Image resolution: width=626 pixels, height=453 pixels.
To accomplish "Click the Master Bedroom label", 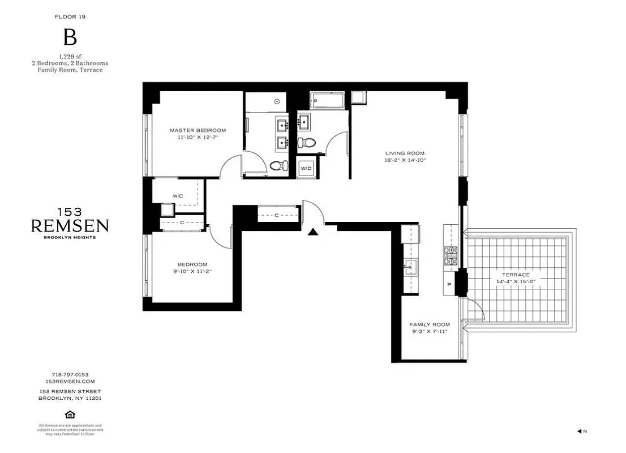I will pyautogui.click(x=198, y=130).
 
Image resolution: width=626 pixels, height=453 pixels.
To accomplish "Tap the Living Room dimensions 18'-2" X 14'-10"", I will pyautogui.click(x=405, y=160).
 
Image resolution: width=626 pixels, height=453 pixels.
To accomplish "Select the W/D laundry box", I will pyautogui.click(x=306, y=168).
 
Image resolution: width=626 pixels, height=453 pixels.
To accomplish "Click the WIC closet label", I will pyautogui.click(x=177, y=196).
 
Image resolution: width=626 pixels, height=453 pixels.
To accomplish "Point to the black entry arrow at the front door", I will pyautogui.click(x=312, y=231).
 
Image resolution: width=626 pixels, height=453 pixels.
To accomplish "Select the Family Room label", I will pyautogui.click(x=429, y=324).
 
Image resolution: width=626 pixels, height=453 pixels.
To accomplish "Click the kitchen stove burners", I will pyautogui.click(x=451, y=256).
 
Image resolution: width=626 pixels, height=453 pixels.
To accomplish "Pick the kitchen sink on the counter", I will pyautogui.click(x=411, y=266).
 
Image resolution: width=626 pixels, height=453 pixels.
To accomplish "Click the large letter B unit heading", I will pyautogui.click(x=70, y=38).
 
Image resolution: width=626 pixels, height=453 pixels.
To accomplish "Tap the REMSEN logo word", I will pyautogui.click(x=70, y=226).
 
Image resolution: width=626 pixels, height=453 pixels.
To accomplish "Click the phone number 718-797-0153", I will pyautogui.click(x=70, y=374).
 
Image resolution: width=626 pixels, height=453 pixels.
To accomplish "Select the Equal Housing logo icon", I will pyautogui.click(x=70, y=413).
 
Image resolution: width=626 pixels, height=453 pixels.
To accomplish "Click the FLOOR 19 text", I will pyautogui.click(x=70, y=17).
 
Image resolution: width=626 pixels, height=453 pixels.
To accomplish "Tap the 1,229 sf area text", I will pyautogui.click(x=70, y=57).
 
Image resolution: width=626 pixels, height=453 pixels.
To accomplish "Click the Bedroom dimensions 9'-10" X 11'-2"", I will pyautogui.click(x=192, y=271).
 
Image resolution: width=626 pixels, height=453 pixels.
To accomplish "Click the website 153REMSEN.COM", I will pyautogui.click(x=70, y=381).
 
